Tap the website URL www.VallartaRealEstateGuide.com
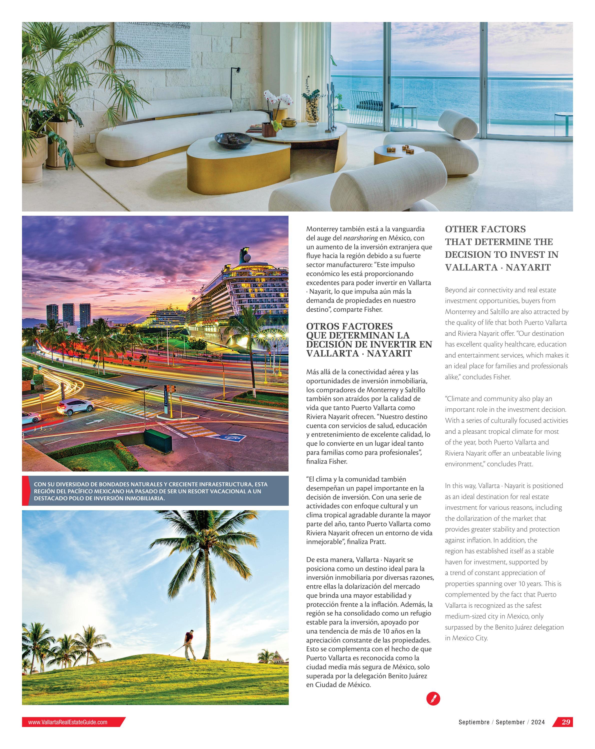point(68,722)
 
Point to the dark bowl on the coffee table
point(233,140)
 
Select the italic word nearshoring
point(360,238)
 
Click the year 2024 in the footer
point(538,722)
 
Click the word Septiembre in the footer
point(474,722)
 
